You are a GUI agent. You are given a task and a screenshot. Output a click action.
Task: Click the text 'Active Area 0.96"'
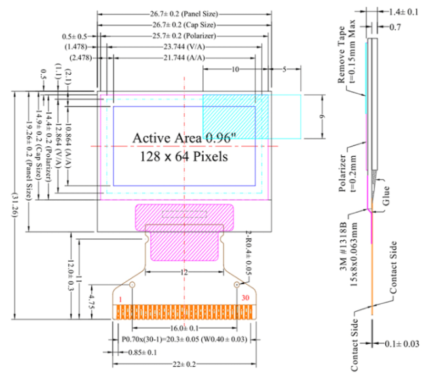180,138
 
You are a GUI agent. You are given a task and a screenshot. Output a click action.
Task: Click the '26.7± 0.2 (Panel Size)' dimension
184,12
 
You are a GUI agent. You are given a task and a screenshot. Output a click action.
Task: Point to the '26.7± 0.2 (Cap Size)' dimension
184,24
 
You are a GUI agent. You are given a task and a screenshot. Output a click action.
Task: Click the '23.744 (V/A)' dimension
184,47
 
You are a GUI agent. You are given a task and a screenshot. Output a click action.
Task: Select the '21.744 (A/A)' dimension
184,58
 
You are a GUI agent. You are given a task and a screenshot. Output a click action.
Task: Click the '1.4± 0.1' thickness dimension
404,12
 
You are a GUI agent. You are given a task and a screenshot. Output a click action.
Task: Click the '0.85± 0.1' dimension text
142,352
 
